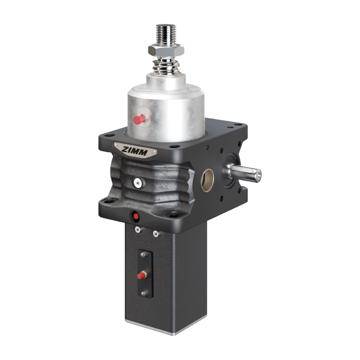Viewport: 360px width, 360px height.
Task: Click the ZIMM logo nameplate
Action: pyautogui.click(x=135, y=150)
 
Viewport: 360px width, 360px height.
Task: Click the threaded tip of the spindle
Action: pyautogui.click(x=166, y=34)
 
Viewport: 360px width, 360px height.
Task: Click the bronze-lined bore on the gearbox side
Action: pyautogui.click(x=207, y=180)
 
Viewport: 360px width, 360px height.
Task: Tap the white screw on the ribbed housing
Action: pyautogui.click(x=138, y=183)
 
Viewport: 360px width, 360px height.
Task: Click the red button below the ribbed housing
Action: pyautogui.click(x=136, y=216)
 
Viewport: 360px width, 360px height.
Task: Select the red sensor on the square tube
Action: pyautogui.click(x=142, y=275)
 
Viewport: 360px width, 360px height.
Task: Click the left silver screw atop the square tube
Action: pyautogui.click(x=138, y=230)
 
